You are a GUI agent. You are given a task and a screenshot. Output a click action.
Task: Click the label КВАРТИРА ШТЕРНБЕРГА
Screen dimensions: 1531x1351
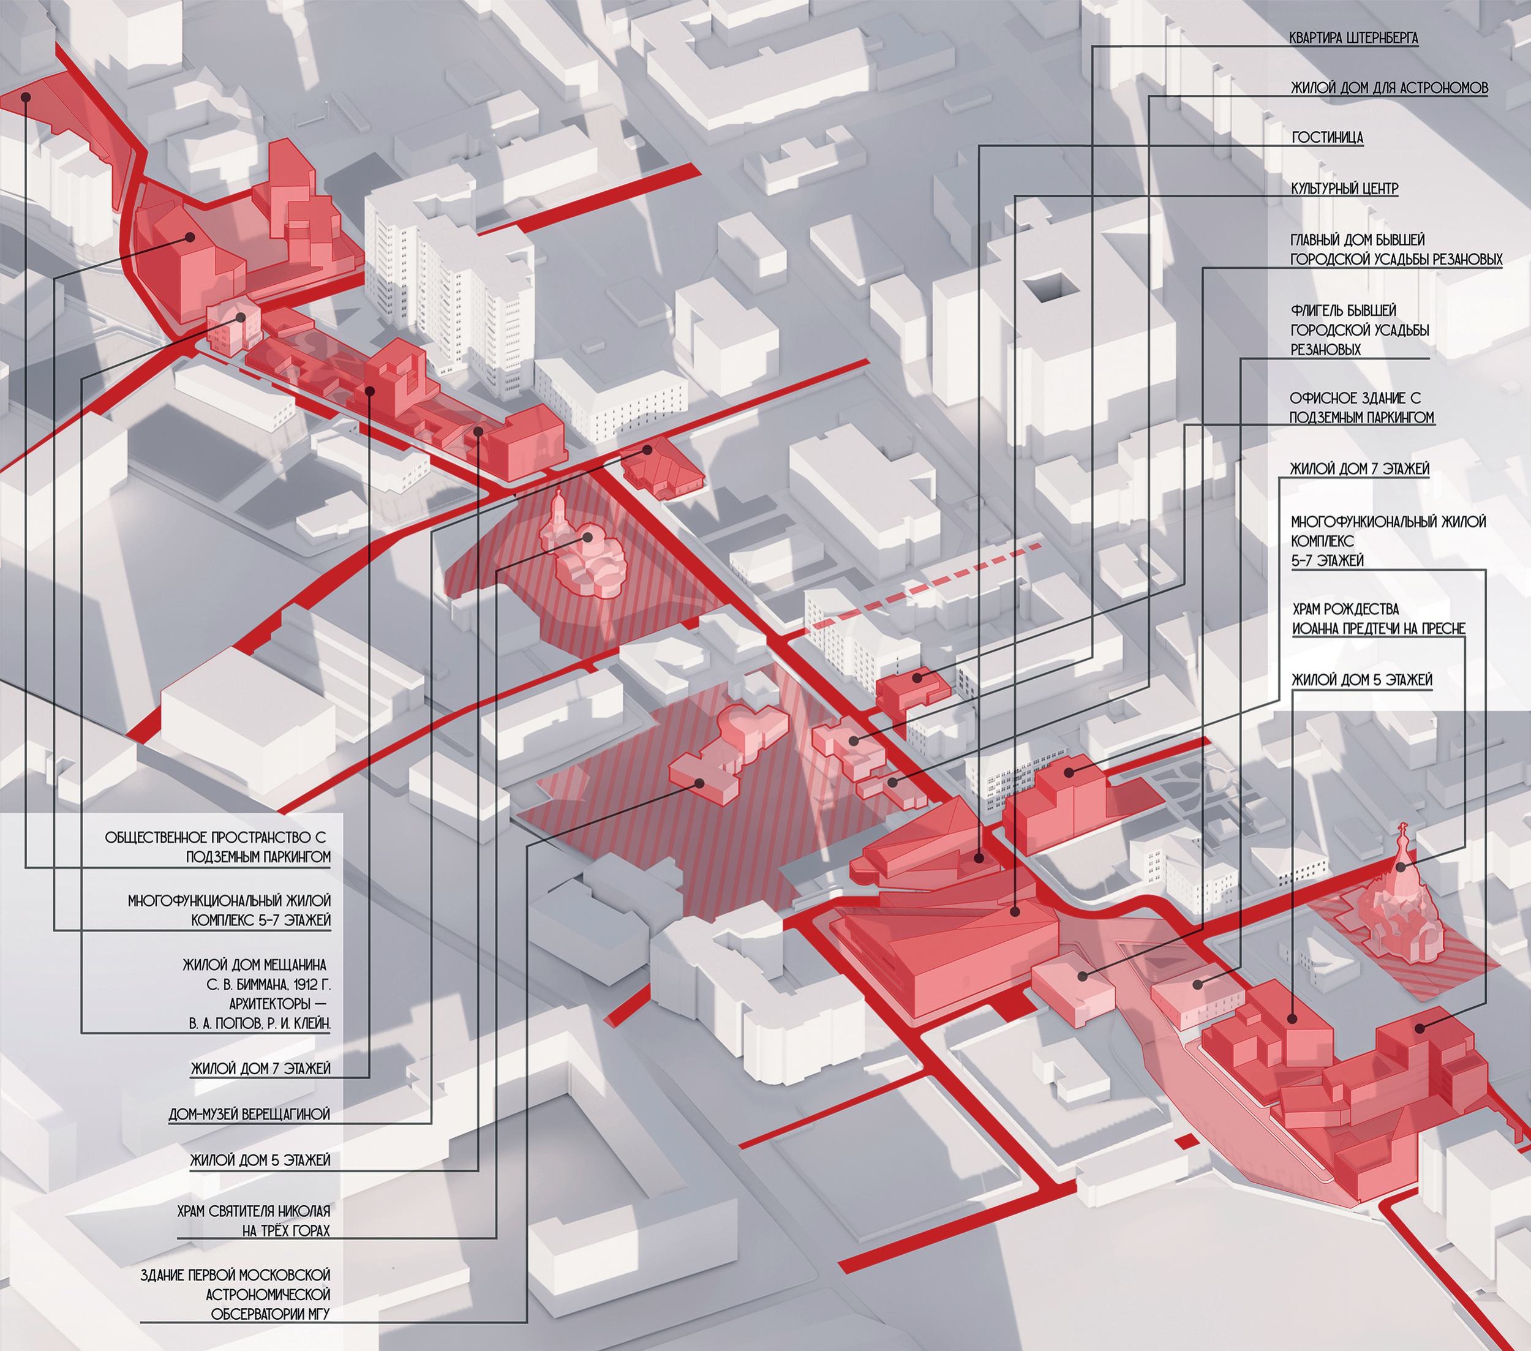[x=1353, y=38]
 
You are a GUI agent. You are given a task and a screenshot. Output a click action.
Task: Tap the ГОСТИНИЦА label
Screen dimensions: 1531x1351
[x=1327, y=138]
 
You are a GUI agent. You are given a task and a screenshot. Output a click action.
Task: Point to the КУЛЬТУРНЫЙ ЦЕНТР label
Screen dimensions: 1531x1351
[x=1344, y=188]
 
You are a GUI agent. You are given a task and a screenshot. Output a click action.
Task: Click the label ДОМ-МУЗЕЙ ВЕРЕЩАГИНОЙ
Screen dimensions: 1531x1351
[x=249, y=1115]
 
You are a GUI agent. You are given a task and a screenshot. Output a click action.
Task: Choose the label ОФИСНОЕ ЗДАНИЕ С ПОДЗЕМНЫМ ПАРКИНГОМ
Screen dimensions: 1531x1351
[x=1362, y=407]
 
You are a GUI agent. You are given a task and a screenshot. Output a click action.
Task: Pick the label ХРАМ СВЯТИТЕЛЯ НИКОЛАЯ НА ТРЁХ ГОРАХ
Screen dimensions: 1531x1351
[x=254, y=1221]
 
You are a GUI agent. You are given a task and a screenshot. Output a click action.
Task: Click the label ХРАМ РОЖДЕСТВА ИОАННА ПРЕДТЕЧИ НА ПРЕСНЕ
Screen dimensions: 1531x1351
[x=1378, y=619]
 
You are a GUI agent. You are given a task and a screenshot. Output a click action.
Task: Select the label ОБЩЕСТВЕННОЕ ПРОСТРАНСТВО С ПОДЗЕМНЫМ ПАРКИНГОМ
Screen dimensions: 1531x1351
[x=217, y=847]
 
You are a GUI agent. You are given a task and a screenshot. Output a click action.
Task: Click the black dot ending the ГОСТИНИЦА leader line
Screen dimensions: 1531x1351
[x=979, y=857]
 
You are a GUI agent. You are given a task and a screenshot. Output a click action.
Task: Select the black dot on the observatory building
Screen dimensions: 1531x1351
[x=699, y=783]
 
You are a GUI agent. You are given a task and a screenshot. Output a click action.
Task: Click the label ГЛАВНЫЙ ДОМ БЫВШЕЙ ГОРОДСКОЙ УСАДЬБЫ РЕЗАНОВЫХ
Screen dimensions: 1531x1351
[x=1396, y=249]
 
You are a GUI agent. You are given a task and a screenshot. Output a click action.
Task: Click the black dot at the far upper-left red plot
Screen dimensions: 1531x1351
[x=26, y=97]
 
